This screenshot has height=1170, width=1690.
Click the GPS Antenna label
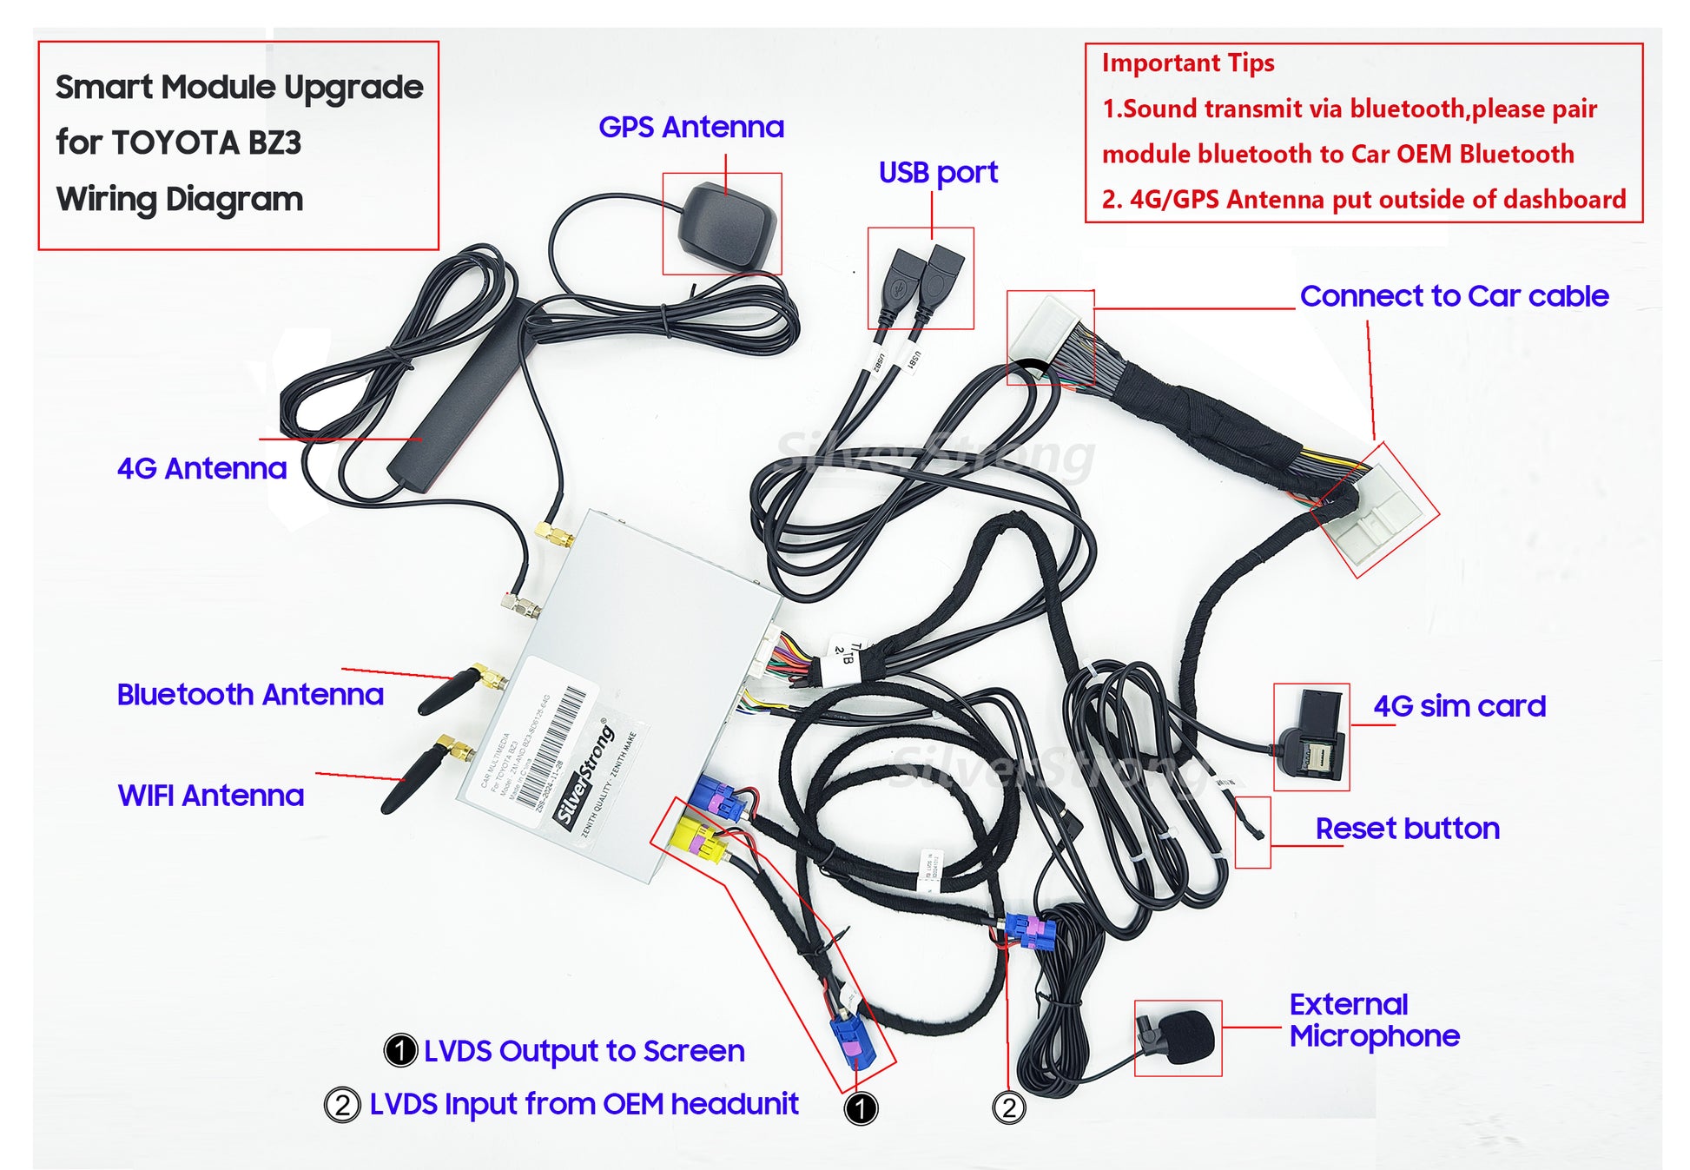click(x=690, y=128)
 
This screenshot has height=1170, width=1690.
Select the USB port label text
click(x=937, y=173)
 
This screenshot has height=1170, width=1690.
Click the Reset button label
click(x=1407, y=829)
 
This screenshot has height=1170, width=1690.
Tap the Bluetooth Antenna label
click(x=250, y=695)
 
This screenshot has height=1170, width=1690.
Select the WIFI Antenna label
click(x=211, y=796)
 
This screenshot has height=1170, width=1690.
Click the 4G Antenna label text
click(x=201, y=469)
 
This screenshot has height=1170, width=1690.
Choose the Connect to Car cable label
click(x=1454, y=296)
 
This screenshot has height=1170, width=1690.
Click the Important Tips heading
click(x=1187, y=63)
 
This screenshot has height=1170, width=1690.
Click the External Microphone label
click(x=1373, y=1021)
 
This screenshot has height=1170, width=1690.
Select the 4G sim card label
click(x=1459, y=706)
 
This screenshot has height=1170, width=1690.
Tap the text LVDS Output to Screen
click(x=584, y=1051)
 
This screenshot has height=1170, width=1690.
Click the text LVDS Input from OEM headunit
click(x=584, y=1104)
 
